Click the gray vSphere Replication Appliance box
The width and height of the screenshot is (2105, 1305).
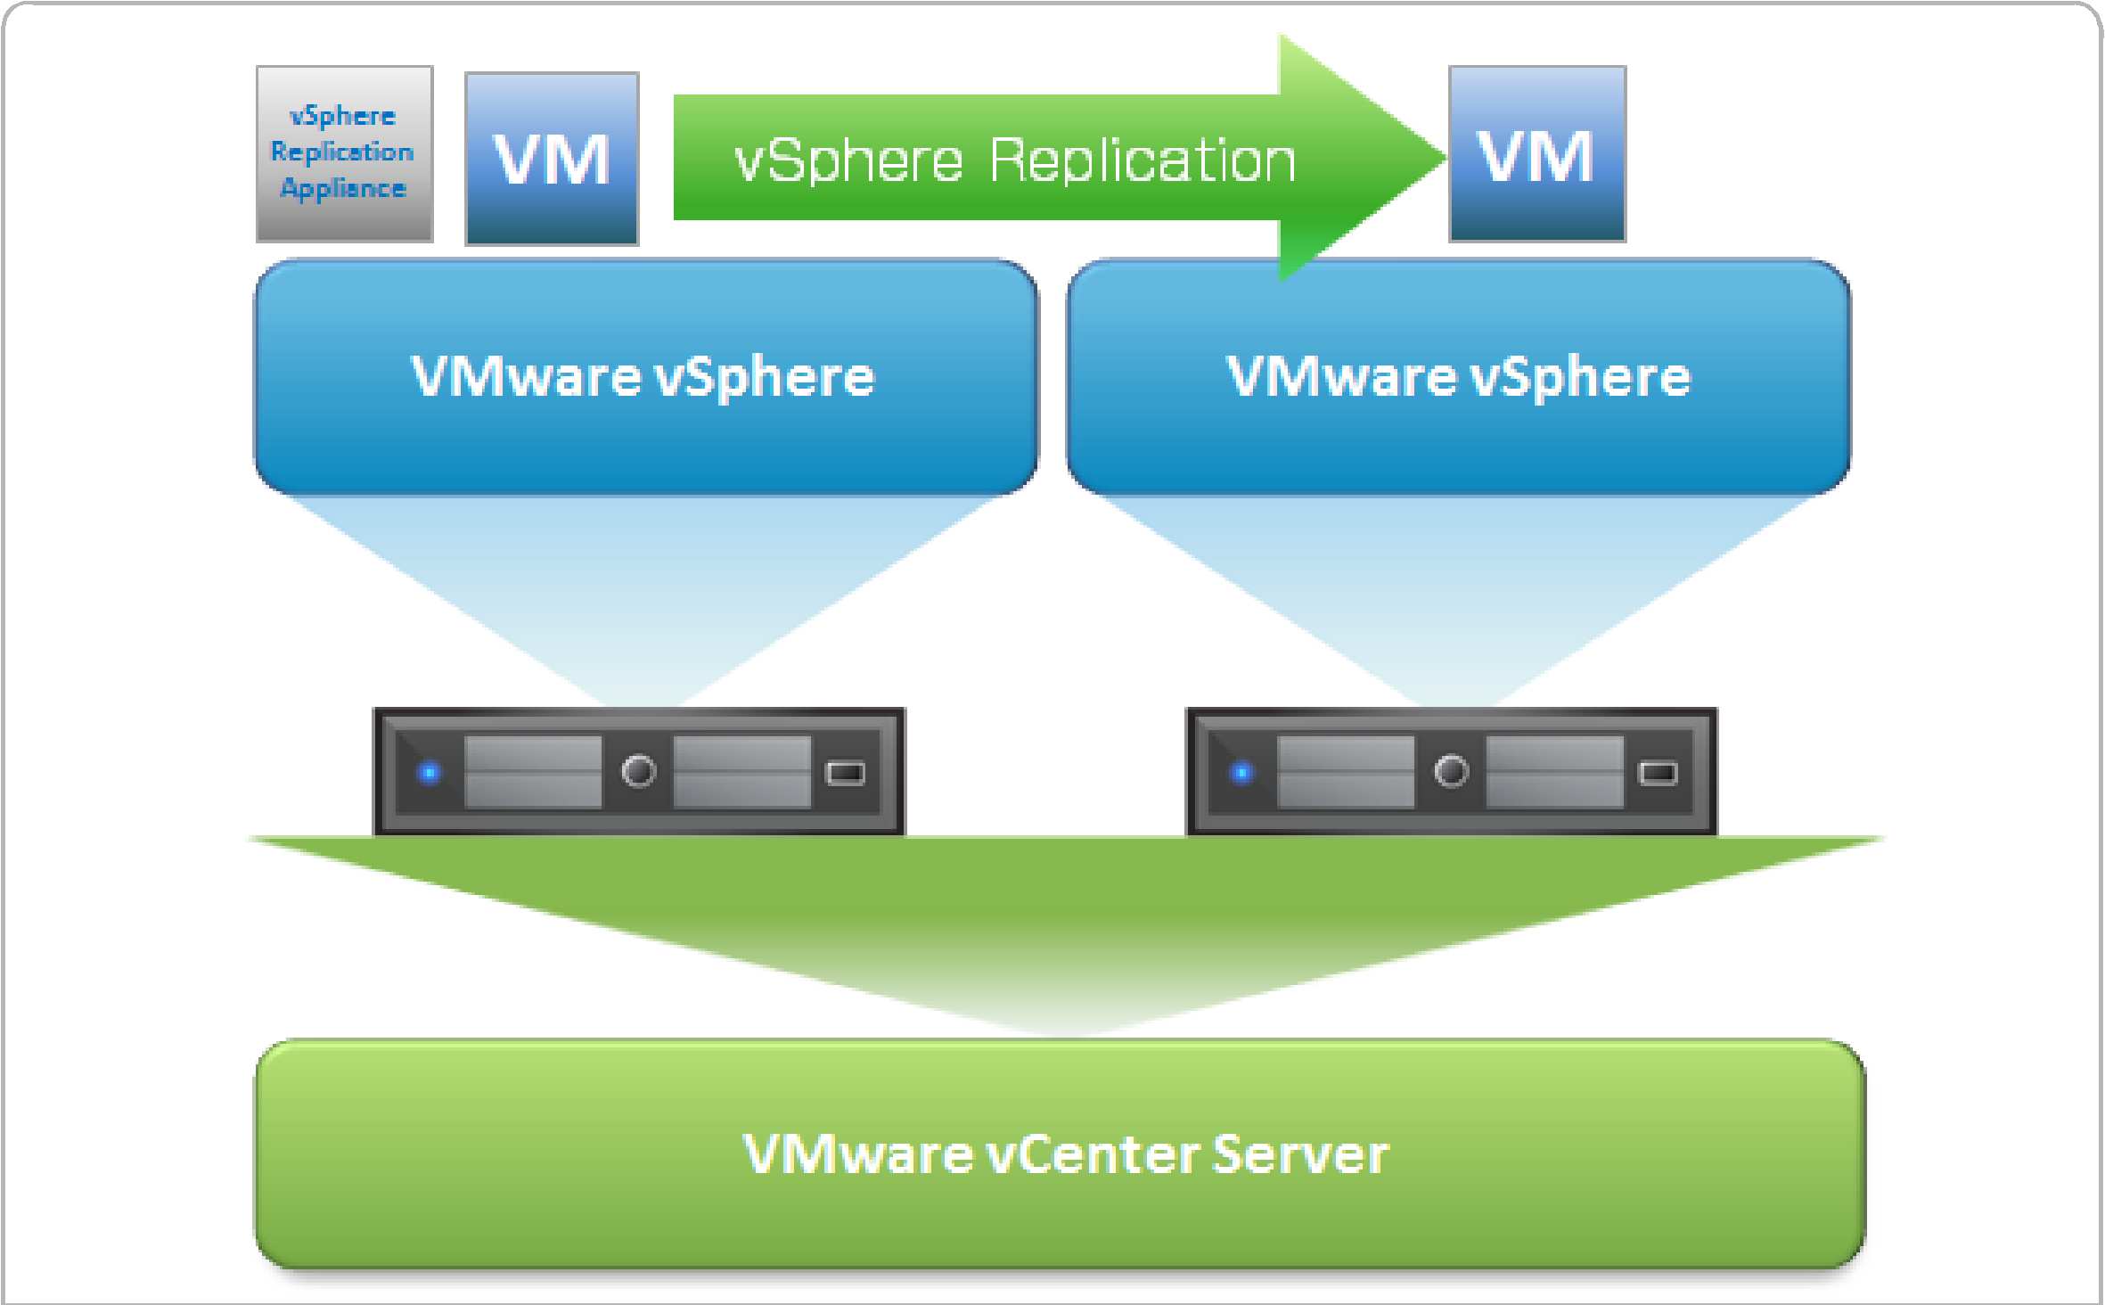coord(344,153)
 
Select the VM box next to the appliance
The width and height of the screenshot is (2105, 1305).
coord(552,159)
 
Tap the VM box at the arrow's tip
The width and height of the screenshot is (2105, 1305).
coord(1536,153)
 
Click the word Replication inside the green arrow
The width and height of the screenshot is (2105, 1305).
coord(1142,161)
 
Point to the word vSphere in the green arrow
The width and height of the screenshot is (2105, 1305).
coord(848,161)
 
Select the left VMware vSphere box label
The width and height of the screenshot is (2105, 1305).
coord(643,376)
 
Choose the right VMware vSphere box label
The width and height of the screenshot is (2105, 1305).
coord(1458,376)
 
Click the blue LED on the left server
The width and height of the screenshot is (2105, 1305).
coord(430,772)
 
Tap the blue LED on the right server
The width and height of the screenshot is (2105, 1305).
coord(1241,772)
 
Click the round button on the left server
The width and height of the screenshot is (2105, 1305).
coord(638,771)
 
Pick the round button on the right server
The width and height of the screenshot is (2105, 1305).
coord(1451,771)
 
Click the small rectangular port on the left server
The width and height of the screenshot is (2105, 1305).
coord(845,773)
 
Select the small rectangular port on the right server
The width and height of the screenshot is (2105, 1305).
coord(1658,773)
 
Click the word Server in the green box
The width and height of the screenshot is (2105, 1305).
coord(1299,1154)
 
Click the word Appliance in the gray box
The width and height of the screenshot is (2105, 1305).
coord(343,188)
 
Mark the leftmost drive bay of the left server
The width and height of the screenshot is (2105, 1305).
coord(533,772)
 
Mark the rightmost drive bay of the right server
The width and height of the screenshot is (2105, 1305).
coord(1554,772)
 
